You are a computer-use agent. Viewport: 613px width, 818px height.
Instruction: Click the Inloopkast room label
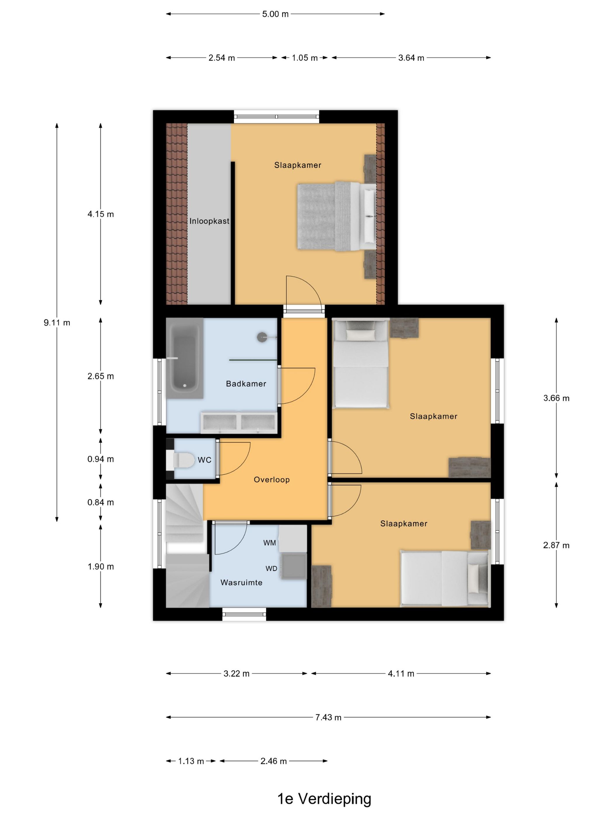pyautogui.click(x=209, y=221)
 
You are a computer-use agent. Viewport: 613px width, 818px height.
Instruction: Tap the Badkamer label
pyautogui.click(x=246, y=384)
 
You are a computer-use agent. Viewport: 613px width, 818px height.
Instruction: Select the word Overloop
pyautogui.click(x=271, y=480)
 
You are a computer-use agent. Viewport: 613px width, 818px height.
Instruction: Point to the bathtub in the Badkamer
pyautogui.click(x=185, y=358)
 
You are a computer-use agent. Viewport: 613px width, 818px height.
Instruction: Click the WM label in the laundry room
pyautogui.click(x=269, y=543)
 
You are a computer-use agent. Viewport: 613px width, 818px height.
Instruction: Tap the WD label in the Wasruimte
pyautogui.click(x=271, y=569)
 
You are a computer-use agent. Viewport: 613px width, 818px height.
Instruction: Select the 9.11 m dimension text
pyautogui.click(x=57, y=323)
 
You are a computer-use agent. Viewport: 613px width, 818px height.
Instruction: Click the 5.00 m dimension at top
pyautogui.click(x=275, y=14)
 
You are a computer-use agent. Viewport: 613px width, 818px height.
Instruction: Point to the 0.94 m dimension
pyautogui.click(x=100, y=459)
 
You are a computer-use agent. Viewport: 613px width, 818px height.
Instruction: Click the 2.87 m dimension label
pyautogui.click(x=556, y=545)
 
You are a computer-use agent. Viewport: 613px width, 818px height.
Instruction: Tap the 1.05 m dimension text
pyautogui.click(x=304, y=58)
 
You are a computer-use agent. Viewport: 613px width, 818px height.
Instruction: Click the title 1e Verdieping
pyautogui.click(x=324, y=799)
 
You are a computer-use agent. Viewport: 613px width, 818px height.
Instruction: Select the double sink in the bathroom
pyautogui.click(x=239, y=422)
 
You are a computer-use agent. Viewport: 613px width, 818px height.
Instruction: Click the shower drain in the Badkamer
pyautogui.click(x=262, y=337)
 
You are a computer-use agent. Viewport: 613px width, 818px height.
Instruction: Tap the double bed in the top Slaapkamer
pyautogui.click(x=337, y=216)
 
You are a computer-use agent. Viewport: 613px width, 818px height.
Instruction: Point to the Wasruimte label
pyautogui.click(x=241, y=583)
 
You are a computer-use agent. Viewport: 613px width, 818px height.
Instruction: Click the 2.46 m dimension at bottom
pyautogui.click(x=274, y=761)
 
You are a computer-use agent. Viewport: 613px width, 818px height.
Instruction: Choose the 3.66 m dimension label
pyautogui.click(x=556, y=398)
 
